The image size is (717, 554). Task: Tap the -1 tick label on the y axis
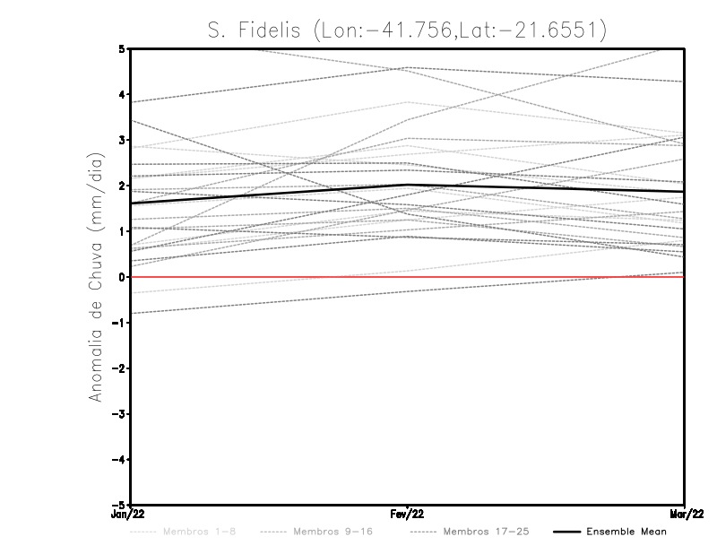point(119,323)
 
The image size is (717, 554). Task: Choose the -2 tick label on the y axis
point(119,368)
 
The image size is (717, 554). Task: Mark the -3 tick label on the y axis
point(119,414)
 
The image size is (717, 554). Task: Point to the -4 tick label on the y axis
point(119,460)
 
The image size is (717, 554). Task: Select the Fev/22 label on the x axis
point(408,515)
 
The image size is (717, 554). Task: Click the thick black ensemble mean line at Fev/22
point(408,185)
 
